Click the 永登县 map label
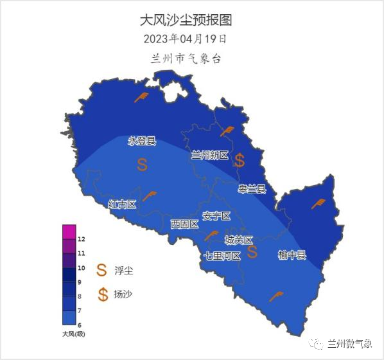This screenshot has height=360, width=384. click(142, 141)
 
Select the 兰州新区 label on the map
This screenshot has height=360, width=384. click(210, 155)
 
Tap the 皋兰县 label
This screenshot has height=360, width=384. click(252, 188)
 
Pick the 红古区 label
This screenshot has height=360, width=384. click(123, 204)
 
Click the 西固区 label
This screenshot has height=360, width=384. click(184, 224)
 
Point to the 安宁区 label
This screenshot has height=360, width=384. click(216, 215)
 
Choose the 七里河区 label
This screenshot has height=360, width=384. click(222, 255)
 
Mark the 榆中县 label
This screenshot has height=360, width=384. click(292, 255)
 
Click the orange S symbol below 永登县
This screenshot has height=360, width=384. click(142, 165)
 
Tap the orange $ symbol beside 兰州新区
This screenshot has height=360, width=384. click(240, 160)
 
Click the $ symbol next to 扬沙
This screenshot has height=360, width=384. click(103, 294)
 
